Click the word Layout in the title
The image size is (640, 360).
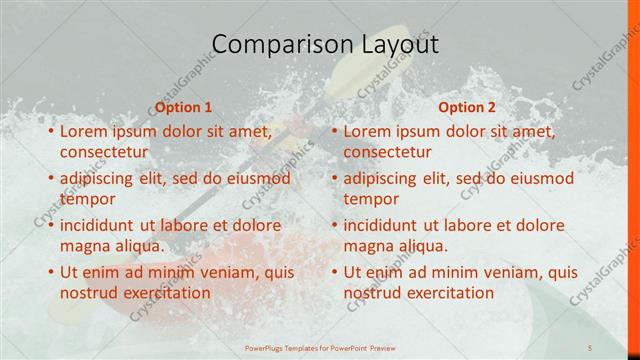point(395,44)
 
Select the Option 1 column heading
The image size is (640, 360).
point(184,107)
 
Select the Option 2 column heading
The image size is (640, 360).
point(467,107)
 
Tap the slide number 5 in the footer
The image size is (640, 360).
point(591,348)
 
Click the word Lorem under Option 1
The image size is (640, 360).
point(86,131)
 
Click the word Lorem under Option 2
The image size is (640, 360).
point(370,131)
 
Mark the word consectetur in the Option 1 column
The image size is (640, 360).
point(104,152)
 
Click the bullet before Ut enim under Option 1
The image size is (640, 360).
point(50,272)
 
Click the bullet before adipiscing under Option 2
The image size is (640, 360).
point(334,178)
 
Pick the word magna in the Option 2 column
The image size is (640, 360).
point(370,246)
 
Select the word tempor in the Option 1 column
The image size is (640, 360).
point(88,199)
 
